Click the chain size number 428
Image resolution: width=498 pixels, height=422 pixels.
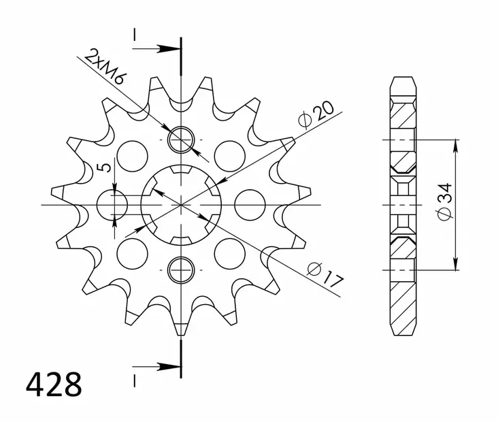(x=54, y=385)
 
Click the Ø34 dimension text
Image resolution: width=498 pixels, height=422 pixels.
(x=443, y=204)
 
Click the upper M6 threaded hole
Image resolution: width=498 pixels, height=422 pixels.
(x=182, y=140)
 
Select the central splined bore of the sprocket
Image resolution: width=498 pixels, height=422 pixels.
(x=182, y=205)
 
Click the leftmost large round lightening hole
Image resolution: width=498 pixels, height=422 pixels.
(x=112, y=205)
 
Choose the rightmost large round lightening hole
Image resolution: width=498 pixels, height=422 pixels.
(x=250, y=205)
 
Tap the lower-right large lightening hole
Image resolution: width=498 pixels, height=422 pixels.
(x=230, y=253)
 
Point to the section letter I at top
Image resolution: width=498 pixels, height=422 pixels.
(x=135, y=34)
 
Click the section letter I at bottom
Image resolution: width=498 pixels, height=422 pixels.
(x=135, y=378)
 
